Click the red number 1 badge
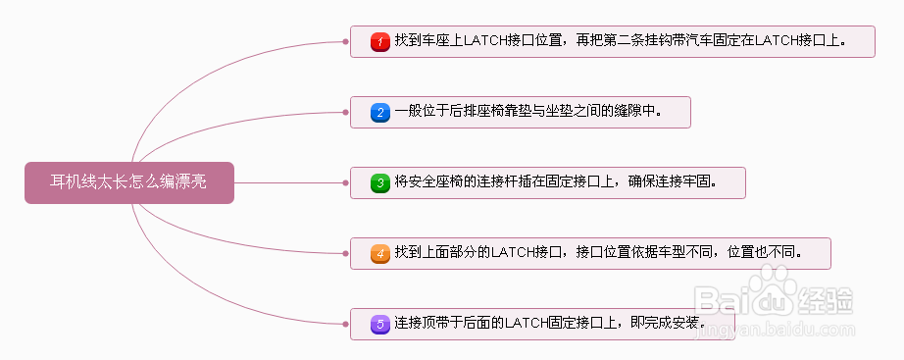[x=380, y=42]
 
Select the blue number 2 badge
[x=380, y=113]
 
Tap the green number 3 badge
[x=380, y=182]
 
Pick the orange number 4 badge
[x=380, y=253]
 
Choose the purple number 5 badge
[x=380, y=324]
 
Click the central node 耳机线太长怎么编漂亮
[x=128, y=181]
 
